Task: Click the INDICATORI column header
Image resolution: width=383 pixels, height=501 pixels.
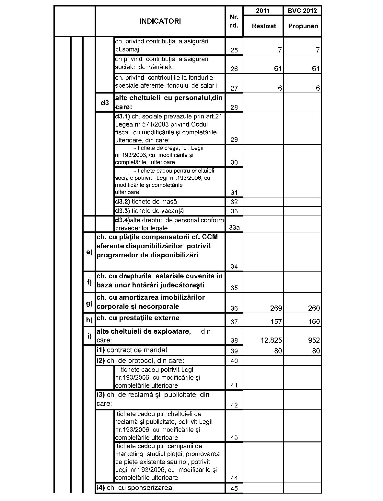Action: point(160,21)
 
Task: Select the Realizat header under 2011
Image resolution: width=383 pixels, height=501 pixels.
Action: point(264,26)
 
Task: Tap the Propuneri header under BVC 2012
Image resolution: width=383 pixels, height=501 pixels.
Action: point(303,26)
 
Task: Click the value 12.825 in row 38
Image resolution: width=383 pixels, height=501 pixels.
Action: point(271,340)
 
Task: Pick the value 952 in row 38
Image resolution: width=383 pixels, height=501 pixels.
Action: point(314,340)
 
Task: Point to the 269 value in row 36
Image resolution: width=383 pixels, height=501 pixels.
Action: point(276,308)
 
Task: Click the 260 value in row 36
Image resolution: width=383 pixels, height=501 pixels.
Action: point(314,308)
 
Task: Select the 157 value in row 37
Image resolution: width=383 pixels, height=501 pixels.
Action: point(276,321)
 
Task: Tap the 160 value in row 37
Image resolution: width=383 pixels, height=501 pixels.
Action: point(314,321)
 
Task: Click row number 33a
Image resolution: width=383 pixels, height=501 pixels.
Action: point(234,228)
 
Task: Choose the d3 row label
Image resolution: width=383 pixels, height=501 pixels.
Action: point(105,103)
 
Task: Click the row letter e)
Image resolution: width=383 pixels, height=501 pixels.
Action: point(89,252)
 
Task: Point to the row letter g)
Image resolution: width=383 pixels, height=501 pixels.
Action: point(89,303)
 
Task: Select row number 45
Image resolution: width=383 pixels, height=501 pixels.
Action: point(234,488)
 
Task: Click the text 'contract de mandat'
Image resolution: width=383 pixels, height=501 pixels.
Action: point(137,350)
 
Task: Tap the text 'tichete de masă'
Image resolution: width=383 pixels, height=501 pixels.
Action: point(154,202)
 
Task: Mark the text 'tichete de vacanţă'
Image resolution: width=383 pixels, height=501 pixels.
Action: point(157,211)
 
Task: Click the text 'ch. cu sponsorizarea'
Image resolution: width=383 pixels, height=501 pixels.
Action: point(139,488)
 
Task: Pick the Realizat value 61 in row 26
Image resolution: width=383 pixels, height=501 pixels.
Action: point(278,69)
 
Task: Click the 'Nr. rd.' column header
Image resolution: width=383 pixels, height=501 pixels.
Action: point(234,21)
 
